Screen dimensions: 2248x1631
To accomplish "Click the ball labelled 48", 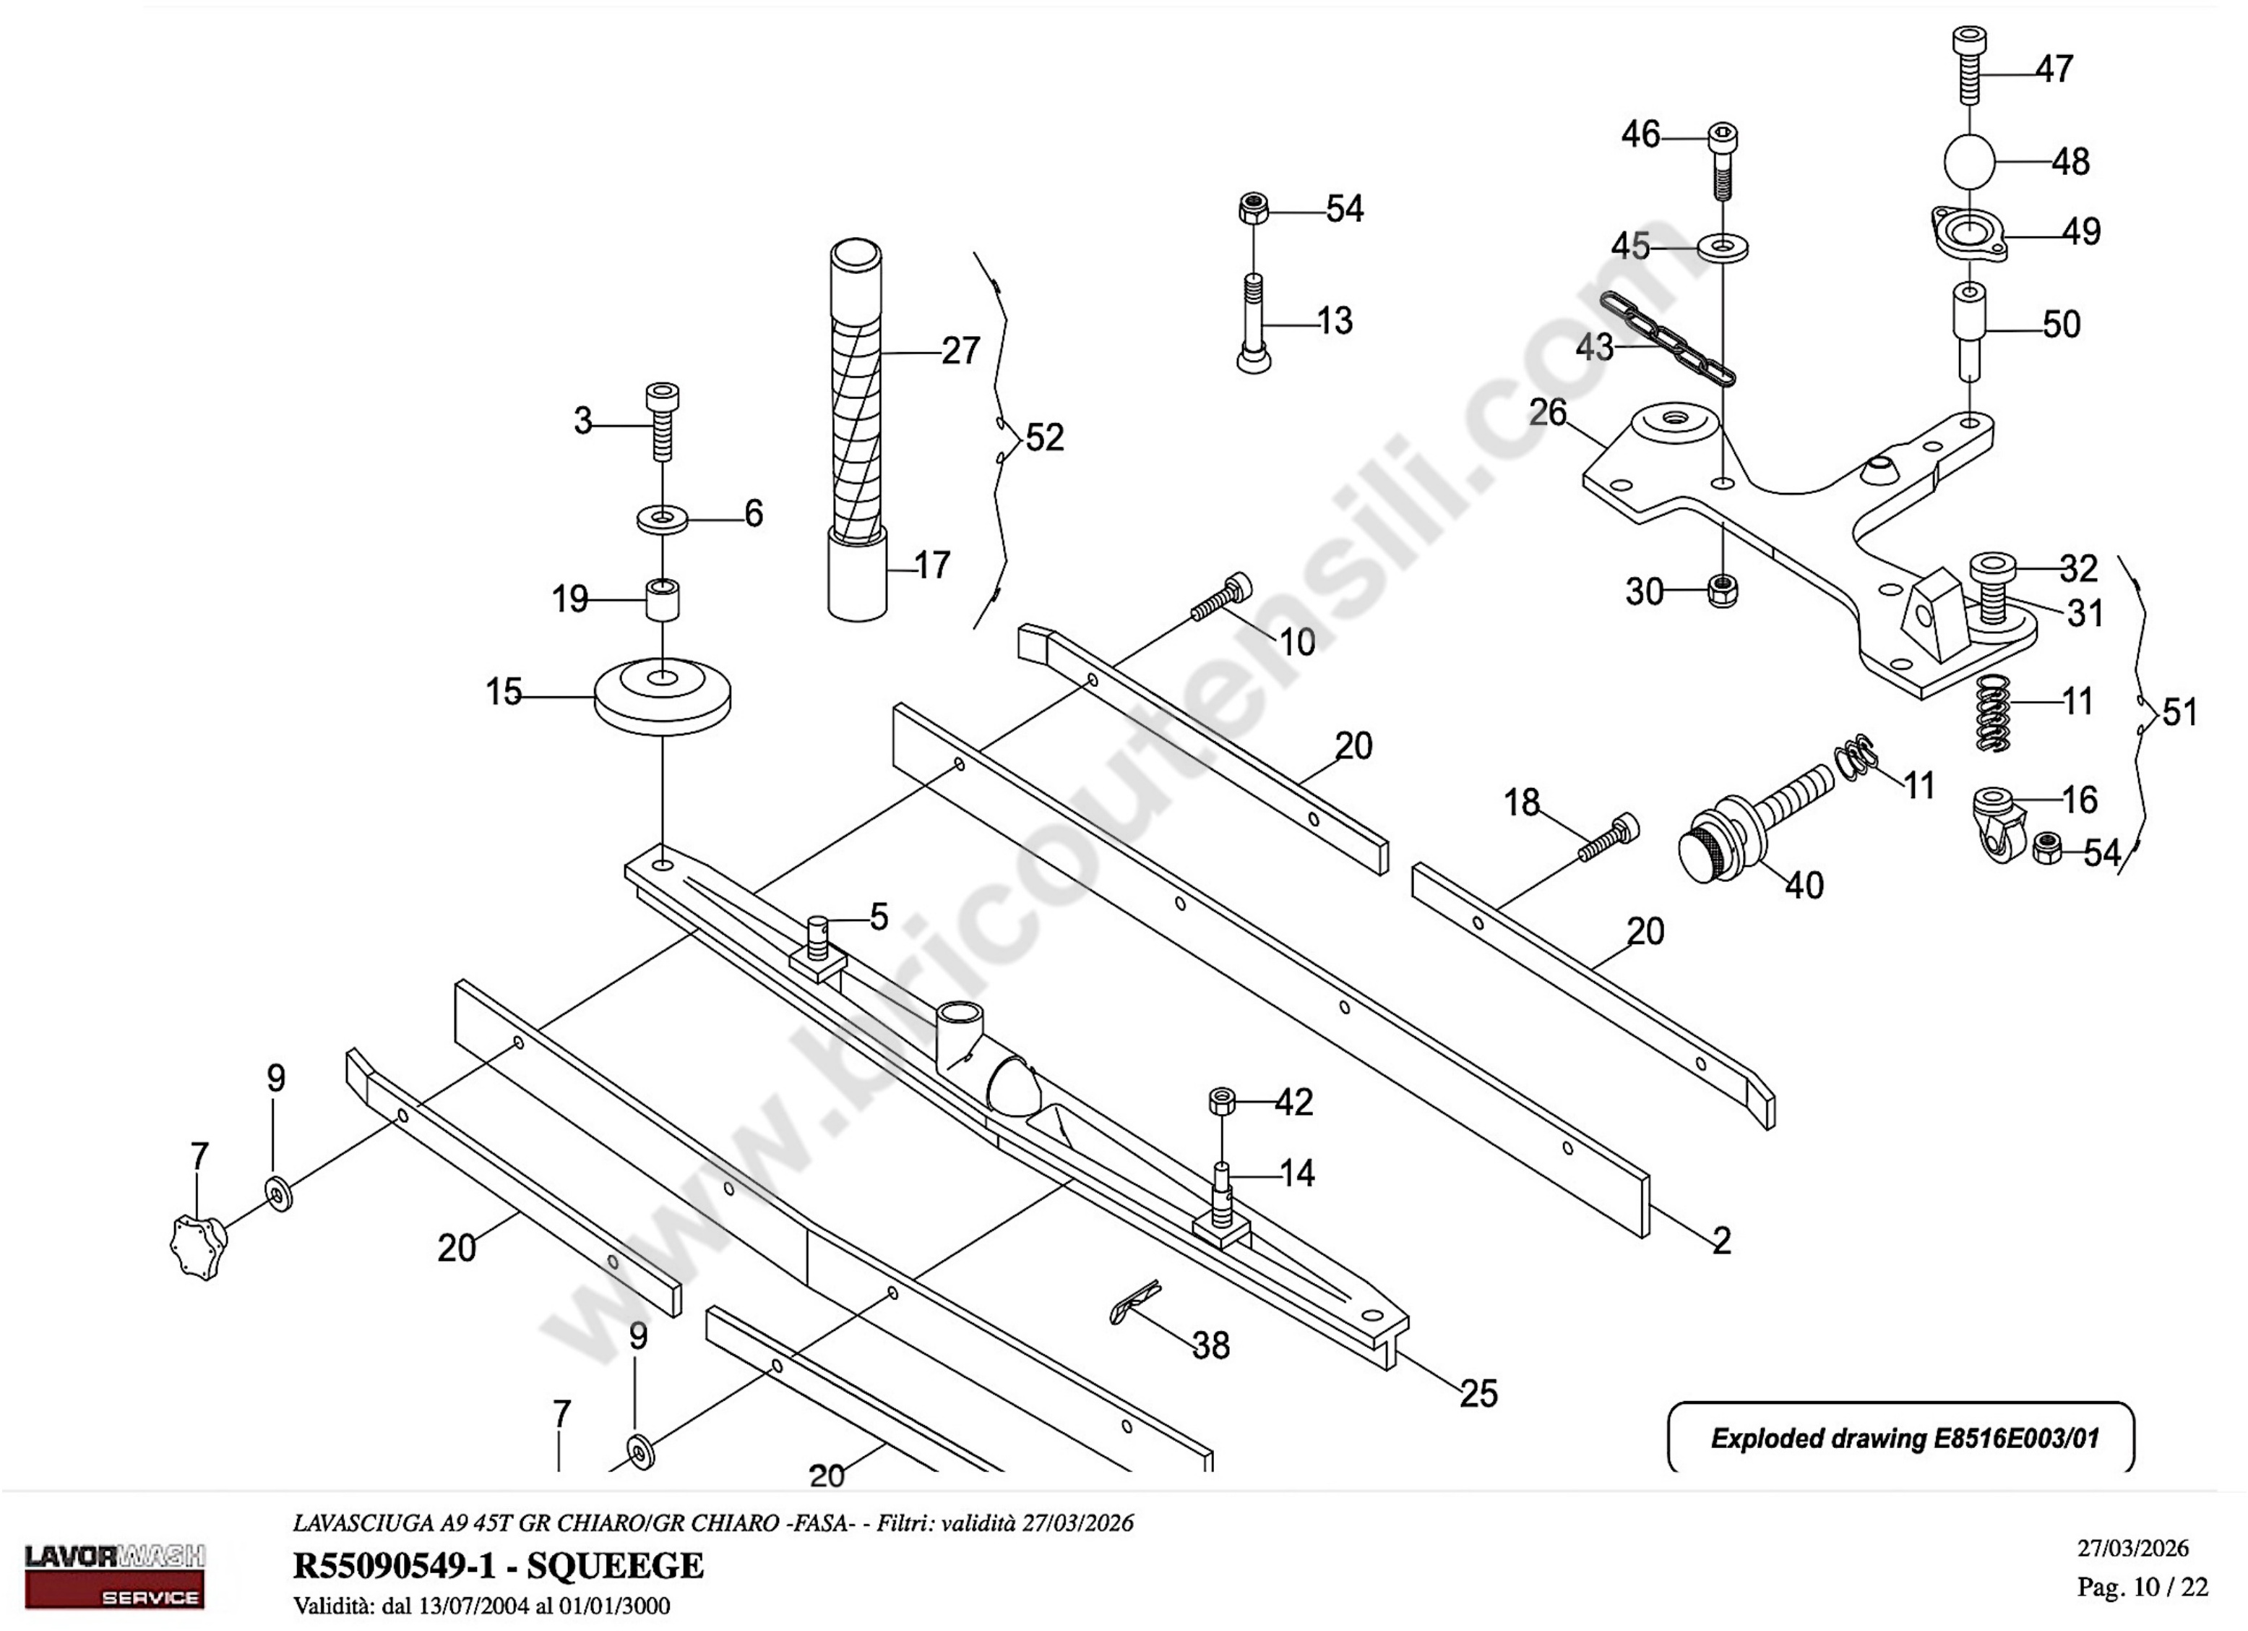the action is (x=1968, y=160).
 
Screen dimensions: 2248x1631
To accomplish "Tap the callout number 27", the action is (x=960, y=351).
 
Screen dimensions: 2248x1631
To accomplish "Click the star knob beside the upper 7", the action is (x=200, y=1247).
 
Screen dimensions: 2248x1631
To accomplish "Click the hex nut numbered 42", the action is (x=1222, y=1102).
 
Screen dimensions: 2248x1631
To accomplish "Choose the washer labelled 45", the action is (x=1723, y=246).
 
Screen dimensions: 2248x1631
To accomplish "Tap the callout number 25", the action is (x=1478, y=1393).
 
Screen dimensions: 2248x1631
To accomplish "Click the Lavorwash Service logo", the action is (x=114, y=1578).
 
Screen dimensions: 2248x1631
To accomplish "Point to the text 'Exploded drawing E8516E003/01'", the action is (x=1904, y=1439).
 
